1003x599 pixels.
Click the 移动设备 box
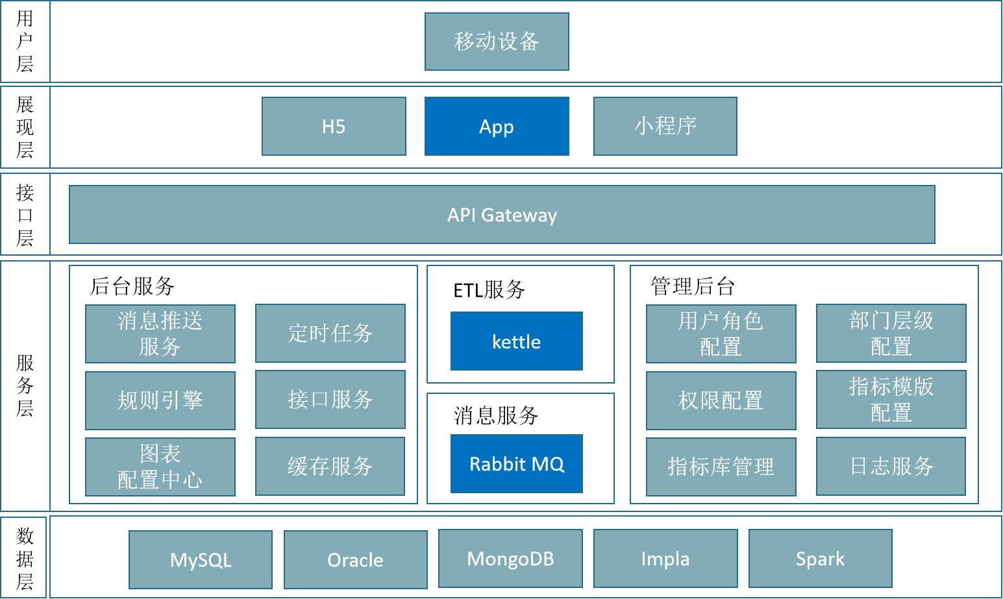coord(497,42)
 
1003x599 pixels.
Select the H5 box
coord(334,127)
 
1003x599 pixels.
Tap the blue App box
coord(497,127)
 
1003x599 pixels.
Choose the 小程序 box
coord(665,127)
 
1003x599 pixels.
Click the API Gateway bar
coord(502,215)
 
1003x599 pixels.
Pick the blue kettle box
coord(516,341)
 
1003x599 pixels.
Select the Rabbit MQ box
coord(516,464)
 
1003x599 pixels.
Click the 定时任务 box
coord(330,334)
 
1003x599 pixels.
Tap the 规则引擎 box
coord(160,400)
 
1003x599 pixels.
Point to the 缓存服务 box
coord(330,466)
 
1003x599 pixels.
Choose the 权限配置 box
coord(721,400)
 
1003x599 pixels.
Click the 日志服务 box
coord(891,466)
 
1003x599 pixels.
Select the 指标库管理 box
coord(721,467)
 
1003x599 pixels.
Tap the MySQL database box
coord(200,559)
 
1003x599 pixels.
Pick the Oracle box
coord(355,559)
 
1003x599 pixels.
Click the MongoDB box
coord(510,558)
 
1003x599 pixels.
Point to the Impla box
coord(665,558)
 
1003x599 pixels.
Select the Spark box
coord(820,558)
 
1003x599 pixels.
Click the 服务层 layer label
coord(25,385)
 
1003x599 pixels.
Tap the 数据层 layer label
coord(25,558)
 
